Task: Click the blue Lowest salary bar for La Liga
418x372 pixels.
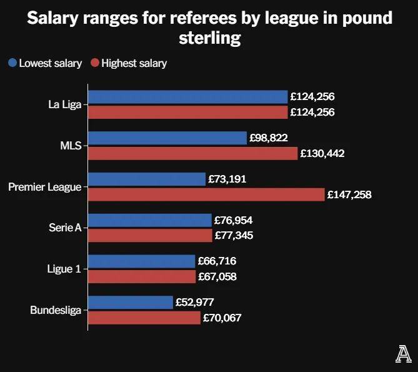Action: pyautogui.click(x=187, y=97)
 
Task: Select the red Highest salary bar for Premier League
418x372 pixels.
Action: pyautogui.click(x=206, y=194)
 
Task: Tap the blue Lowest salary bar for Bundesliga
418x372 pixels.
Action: pyautogui.click(x=130, y=302)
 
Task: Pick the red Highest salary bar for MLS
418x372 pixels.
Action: pyautogui.click(x=192, y=153)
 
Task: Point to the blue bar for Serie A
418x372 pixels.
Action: pyautogui.click(x=150, y=220)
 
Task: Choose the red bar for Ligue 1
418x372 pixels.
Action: pyautogui.click(x=142, y=276)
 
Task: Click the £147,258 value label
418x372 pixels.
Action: pyautogui.click(x=349, y=194)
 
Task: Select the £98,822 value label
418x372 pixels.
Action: pyautogui.click(x=269, y=138)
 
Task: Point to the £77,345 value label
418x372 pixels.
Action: pyautogui.click(x=234, y=236)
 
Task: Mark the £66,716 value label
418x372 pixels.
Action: pyautogui.click(x=217, y=261)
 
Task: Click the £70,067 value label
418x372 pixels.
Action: pyautogui.click(x=222, y=318)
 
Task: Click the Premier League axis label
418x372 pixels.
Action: pyautogui.click(x=44, y=187)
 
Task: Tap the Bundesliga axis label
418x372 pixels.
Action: pyautogui.click(x=56, y=310)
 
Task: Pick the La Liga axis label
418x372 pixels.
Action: pyautogui.click(x=64, y=104)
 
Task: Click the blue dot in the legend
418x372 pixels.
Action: pyautogui.click(x=12, y=63)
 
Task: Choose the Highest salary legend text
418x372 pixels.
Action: pyautogui.click(x=134, y=63)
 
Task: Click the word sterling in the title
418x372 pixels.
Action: pyautogui.click(x=209, y=38)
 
